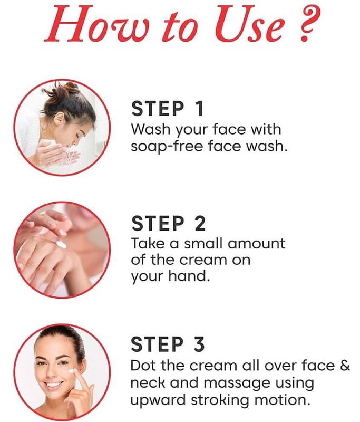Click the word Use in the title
click(249, 24)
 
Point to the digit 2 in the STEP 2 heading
click(200, 223)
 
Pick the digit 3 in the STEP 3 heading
click(199, 344)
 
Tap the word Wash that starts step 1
click(151, 129)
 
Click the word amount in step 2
click(256, 244)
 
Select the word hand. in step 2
click(189, 276)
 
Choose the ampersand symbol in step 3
click(345, 366)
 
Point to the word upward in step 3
click(158, 400)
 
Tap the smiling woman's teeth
click(54, 385)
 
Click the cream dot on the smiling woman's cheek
click(72, 371)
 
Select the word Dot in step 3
click(144, 366)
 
